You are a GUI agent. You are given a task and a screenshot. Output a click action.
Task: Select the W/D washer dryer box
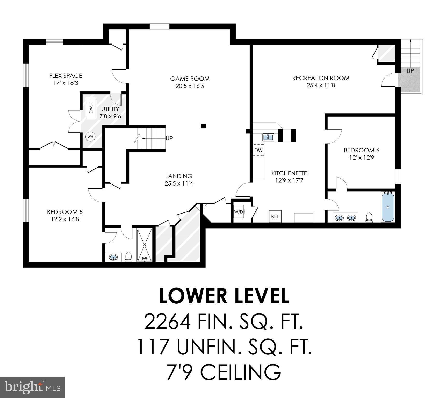tap(239, 212)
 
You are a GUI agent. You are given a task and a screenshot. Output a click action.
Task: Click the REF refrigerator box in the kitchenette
tap(275, 216)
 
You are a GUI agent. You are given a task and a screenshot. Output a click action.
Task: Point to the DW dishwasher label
tap(258, 150)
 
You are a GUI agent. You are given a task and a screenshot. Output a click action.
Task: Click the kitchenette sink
tap(268, 137)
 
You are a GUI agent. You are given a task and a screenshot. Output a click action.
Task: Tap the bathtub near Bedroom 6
tap(388, 207)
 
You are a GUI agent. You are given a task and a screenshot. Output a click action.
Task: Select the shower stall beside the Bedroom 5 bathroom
tap(145, 245)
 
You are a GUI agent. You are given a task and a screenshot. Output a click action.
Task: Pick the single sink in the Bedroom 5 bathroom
tap(113, 257)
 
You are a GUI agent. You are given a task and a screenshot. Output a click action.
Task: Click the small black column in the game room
tap(204, 126)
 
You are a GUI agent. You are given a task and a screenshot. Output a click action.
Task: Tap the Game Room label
tap(190, 79)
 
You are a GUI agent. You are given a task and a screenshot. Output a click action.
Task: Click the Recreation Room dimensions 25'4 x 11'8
tap(321, 85)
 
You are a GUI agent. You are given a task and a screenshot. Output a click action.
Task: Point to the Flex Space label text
tap(66, 76)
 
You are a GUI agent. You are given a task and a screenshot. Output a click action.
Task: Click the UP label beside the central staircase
tap(169, 138)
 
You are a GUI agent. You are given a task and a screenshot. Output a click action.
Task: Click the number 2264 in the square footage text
tap(167, 321)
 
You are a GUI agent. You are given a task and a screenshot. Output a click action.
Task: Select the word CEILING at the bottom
tap(241, 372)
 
